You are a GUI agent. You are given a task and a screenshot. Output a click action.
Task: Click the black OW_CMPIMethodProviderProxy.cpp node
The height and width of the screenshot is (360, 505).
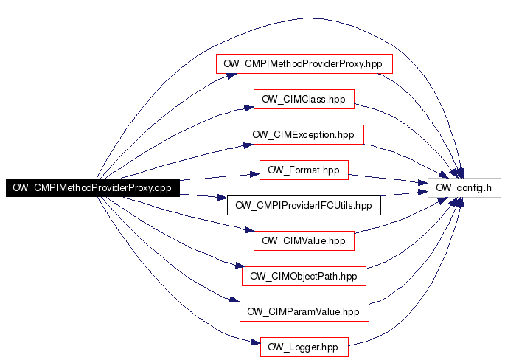click(93, 187)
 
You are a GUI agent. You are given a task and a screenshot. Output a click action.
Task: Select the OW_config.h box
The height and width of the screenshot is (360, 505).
click(464, 187)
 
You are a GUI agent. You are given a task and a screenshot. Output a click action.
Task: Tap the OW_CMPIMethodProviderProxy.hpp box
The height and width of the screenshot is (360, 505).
click(304, 64)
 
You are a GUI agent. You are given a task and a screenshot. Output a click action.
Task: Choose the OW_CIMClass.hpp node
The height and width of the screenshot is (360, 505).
click(304, 100)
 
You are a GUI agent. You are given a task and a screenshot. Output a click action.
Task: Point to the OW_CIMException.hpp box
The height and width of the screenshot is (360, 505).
click(304, 135)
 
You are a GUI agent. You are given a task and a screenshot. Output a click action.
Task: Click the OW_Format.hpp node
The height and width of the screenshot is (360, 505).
click(304, 170)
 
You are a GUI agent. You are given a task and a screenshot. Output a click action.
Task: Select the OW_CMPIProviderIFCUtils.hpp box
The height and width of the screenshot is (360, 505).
click(304, 205)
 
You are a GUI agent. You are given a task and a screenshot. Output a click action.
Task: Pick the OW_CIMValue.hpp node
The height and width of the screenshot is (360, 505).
click(304, 240)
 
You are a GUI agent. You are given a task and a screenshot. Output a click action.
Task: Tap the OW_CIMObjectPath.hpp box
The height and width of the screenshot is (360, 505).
click(304, 276)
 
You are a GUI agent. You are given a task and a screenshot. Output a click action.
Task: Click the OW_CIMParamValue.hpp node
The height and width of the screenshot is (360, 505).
click(304, 311)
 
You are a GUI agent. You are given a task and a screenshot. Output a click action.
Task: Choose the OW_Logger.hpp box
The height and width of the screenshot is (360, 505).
click(304, 347)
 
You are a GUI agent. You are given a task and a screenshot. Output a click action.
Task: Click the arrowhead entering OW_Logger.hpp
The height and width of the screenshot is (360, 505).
click(255, 342)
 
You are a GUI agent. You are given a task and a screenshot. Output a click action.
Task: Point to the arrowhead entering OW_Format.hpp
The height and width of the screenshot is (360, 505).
click(255, 174)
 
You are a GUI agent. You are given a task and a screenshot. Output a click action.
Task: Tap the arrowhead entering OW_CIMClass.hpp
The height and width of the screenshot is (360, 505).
click(249, 108)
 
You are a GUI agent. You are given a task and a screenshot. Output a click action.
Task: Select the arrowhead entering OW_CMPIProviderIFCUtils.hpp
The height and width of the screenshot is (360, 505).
click(222, 197)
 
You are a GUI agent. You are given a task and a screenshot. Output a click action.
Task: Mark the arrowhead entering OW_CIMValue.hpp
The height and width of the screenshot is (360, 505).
click(249, 230)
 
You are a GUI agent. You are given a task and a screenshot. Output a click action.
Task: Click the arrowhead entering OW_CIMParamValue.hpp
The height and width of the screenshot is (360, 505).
click(234, 300)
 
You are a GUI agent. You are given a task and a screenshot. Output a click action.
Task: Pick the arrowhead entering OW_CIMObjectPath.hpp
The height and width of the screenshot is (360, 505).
click(240, 266)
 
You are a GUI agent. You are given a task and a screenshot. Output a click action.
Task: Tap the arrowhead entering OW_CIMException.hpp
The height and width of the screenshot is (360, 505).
click(248, 145)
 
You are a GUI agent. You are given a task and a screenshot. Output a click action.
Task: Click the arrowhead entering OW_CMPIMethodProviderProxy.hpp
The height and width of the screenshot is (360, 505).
click(232, 76)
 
